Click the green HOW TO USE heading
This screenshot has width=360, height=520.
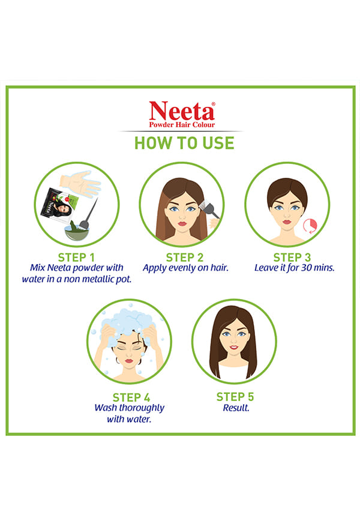pyautogui.click(x=184, y=143)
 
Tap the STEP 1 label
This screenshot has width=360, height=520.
pyautogui.click(x=76, y=258)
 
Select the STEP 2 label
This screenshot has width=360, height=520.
pyautogui.click(x=185, y=258)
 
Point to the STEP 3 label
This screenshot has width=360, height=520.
pyautogui.click(x=292, y=258)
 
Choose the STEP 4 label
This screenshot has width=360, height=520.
pyautogui.click(x=131, y=398)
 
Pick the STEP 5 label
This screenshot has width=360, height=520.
pyautogui.click(x=235, y=397)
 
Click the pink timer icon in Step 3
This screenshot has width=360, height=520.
pyautogui.click(x=310, y=226)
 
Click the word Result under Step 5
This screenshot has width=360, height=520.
pyautogui.click(x=236, y=408)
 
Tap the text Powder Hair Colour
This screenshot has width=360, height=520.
pyautogui.click(x=182, y=125)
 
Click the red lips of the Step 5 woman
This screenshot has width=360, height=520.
pyautogui.click(x=234, y=348)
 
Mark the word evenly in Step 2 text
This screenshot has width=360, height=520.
pyautogui.click(x=182, y=268)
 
